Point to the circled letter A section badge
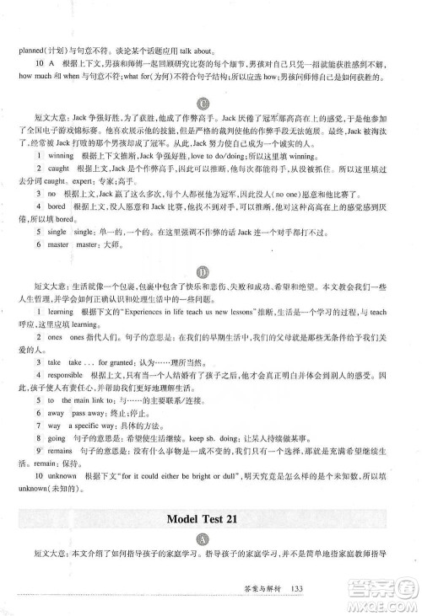[x=211, y=540]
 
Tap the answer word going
[x=57, y=438]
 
